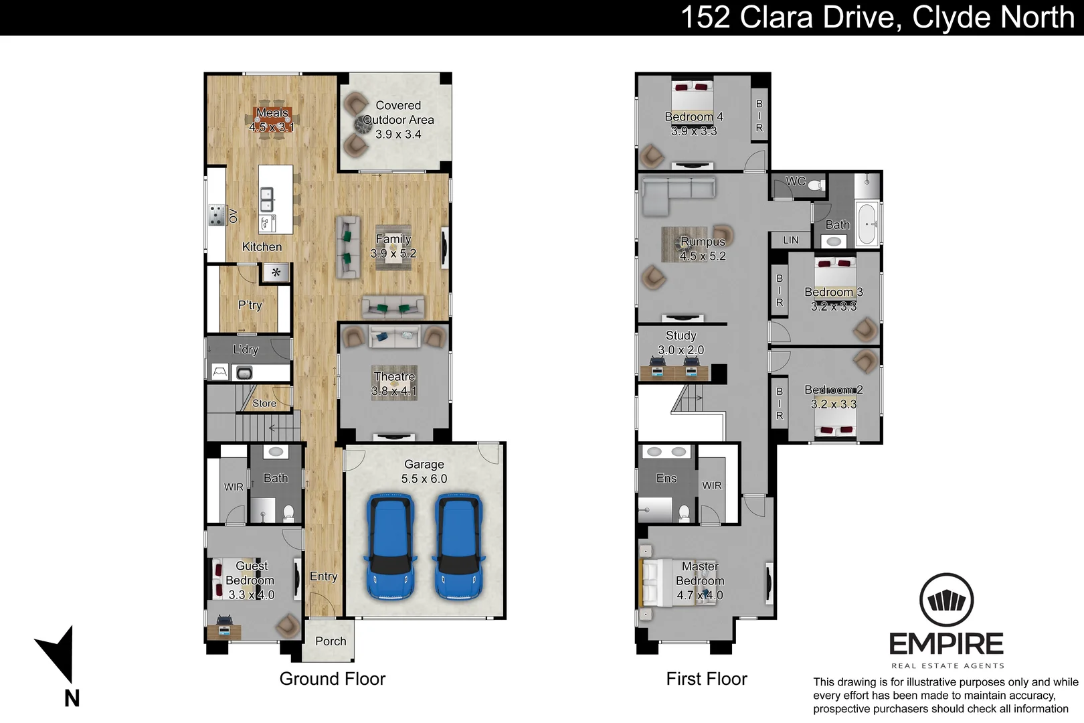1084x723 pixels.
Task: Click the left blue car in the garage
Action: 391,546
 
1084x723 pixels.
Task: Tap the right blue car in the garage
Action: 458,546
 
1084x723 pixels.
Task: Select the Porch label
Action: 331,641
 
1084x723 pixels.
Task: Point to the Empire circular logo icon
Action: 947,600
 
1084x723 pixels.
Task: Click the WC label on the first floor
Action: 796,181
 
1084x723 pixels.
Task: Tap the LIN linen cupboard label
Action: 791,240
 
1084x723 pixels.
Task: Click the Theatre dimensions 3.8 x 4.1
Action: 394,391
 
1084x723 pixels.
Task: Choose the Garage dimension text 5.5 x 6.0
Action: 424,479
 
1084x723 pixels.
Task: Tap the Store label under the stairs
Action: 264,404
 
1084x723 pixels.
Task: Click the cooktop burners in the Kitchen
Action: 217,215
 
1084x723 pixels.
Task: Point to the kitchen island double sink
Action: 266,199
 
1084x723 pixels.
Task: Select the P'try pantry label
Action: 250,305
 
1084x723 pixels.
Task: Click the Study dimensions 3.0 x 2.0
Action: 681,349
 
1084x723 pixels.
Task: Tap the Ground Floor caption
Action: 333,679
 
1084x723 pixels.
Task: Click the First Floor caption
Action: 707,679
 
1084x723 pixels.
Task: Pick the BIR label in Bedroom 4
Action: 759,116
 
